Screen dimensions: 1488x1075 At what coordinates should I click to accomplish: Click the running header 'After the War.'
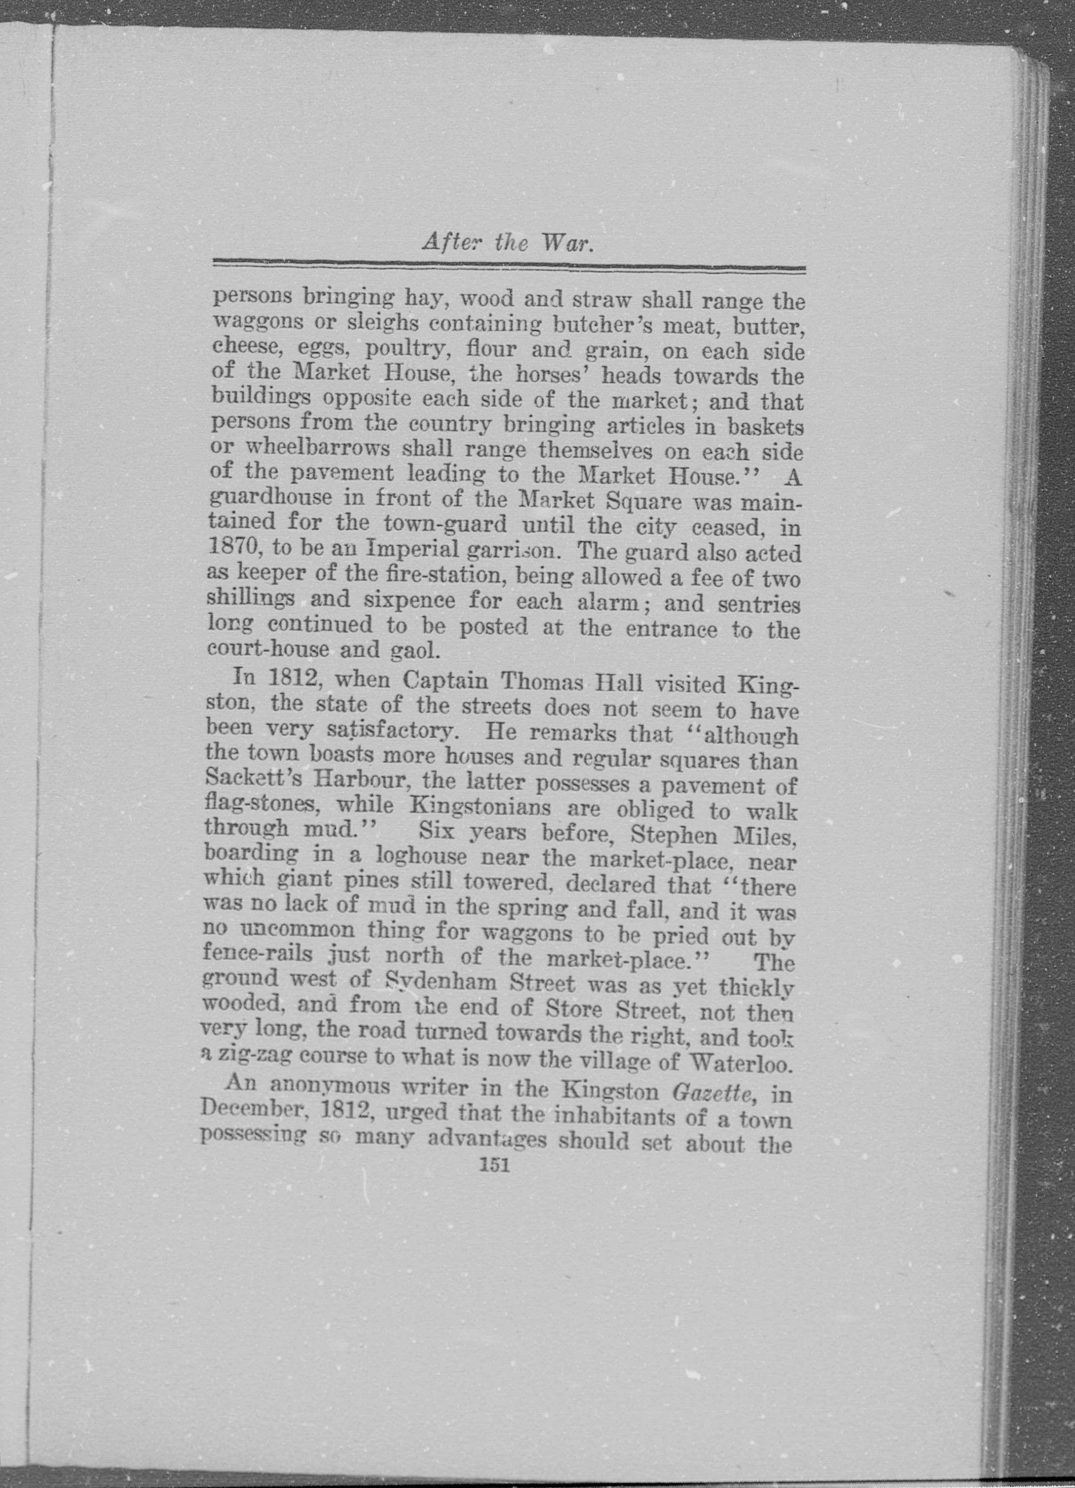(508, 244)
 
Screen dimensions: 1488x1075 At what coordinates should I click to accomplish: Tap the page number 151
(496, 1165)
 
